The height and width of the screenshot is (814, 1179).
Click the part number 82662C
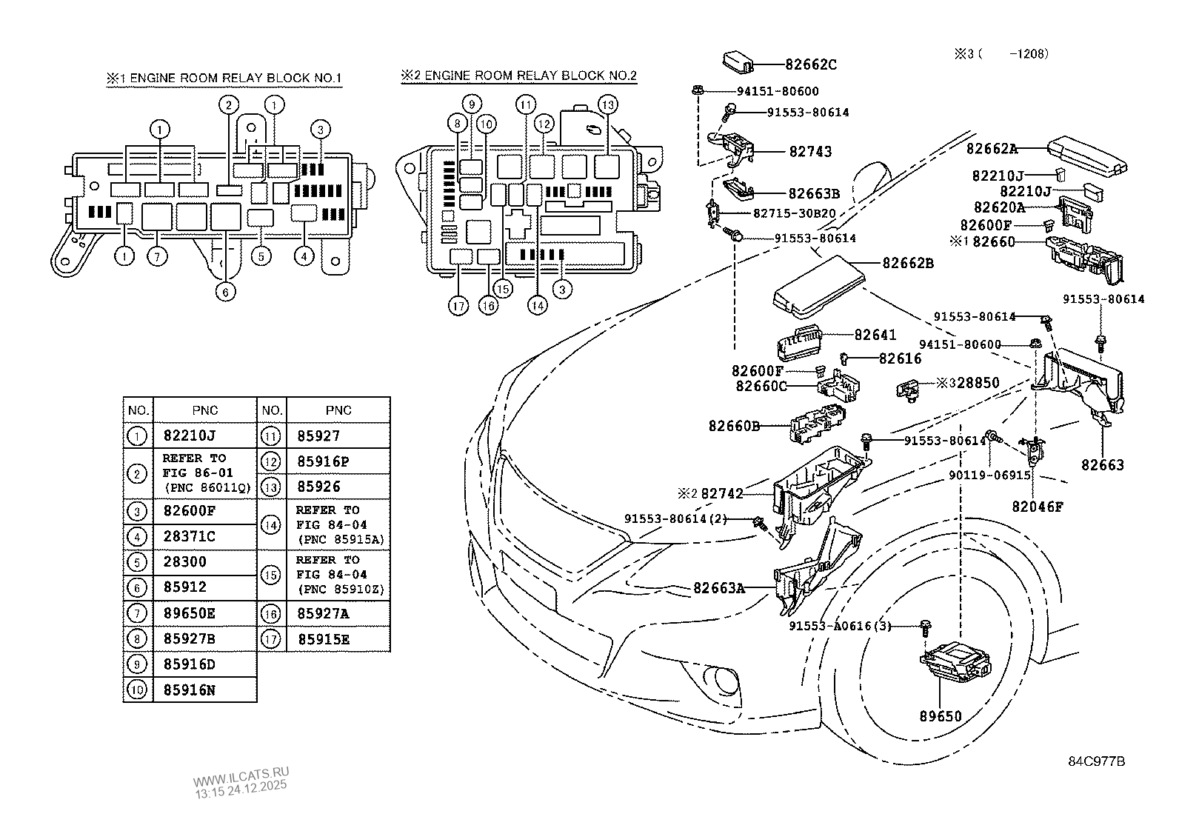point(811,65)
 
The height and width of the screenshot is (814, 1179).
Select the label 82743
point(810,152)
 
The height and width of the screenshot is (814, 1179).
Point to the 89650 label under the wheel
point(941,716)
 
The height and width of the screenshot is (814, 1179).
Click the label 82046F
point(1038,507)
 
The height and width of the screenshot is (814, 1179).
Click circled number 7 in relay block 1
point(157,257)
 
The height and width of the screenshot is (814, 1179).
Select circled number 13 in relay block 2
point(607,104)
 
